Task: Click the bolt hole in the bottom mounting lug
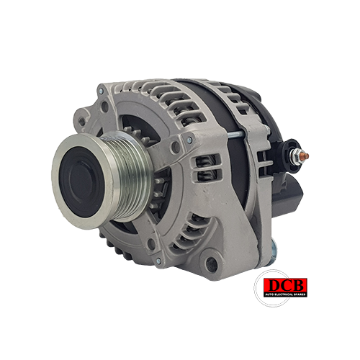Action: pyautogui.click(x=212, y=264)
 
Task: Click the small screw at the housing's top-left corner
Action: pyautogui.click(x=101, y=91)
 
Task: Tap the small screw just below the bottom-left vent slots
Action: pyautogui.click(x=158, y=261)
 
